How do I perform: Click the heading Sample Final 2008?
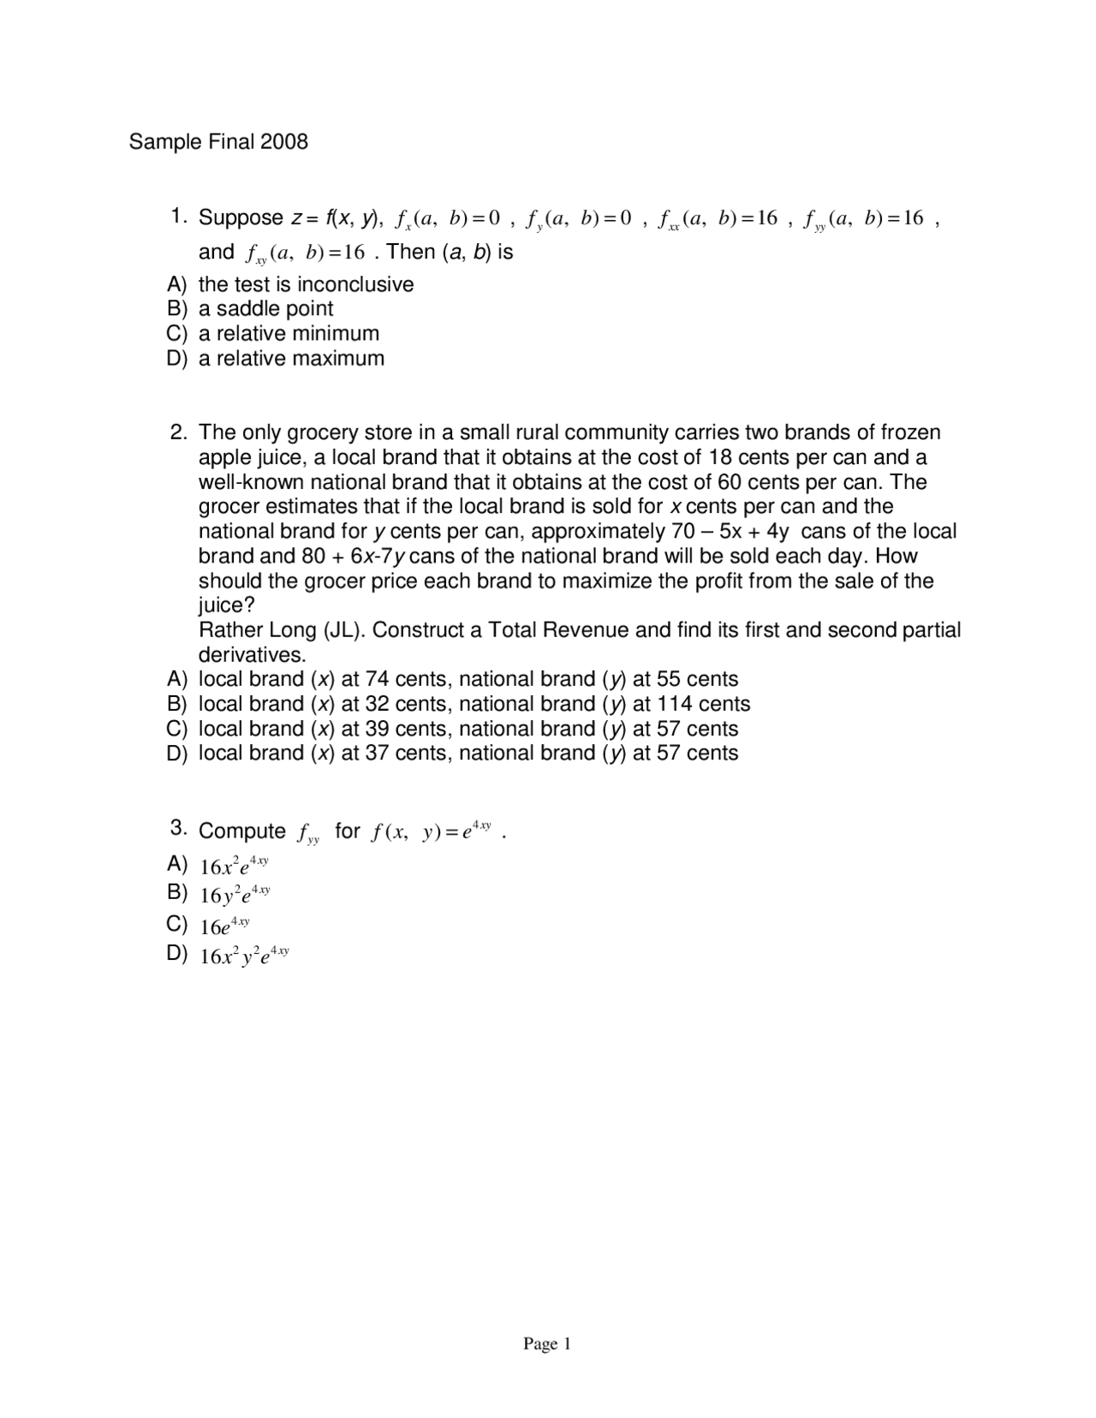click(218, 141)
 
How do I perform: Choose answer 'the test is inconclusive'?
click(306, 284)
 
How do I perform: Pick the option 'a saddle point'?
click(265, 308)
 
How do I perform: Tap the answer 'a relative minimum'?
click(289, 333)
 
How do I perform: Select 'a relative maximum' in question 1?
click(291, 358)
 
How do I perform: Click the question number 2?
click(178, 432)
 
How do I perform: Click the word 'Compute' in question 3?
click(242, 831)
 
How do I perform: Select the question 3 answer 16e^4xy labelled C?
click(224, 925)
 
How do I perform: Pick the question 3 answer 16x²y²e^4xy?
click(244, 955)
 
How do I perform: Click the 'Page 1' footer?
click(547, 1344)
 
